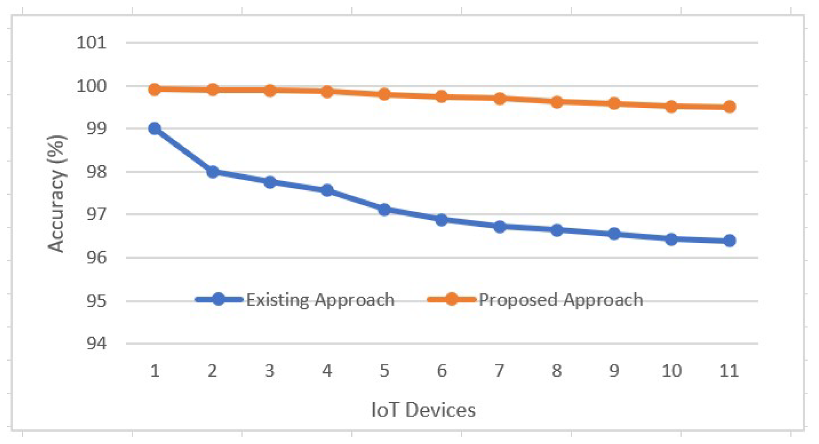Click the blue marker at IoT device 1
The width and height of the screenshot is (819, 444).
155,128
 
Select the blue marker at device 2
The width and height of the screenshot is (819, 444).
212,172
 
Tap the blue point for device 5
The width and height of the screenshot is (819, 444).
385,210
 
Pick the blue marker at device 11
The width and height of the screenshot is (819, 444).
729,241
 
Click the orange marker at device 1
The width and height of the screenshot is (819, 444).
155,89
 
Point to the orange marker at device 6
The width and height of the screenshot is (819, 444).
442,96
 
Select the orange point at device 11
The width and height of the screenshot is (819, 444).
729,107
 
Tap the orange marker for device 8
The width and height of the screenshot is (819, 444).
557,102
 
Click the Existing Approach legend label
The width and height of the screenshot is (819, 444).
320,300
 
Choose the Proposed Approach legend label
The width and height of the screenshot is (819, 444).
561,300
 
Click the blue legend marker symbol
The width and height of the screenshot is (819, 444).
219,300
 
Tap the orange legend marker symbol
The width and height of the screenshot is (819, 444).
451,300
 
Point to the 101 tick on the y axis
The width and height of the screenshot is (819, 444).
91,43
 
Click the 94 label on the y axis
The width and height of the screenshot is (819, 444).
96,343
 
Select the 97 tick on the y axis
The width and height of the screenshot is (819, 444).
96,214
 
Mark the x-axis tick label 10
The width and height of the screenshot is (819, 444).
671,371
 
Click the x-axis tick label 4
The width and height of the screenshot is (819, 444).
327,371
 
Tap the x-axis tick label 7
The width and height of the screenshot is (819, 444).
499,371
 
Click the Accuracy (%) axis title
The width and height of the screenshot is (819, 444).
57,193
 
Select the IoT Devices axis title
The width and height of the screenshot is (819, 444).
423,410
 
